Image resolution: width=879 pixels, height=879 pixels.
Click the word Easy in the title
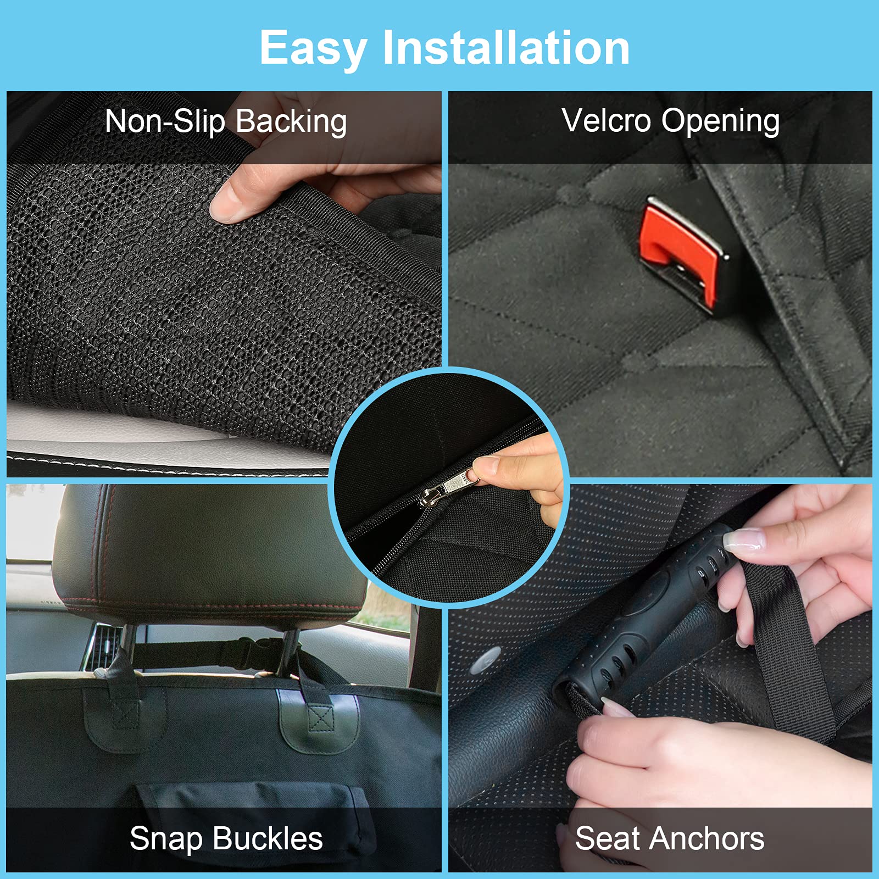(313, 48)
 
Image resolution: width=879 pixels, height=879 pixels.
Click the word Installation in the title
(506, 48)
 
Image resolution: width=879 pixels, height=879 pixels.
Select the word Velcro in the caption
(606, 121)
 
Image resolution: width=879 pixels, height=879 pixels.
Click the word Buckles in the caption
(268, 838)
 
